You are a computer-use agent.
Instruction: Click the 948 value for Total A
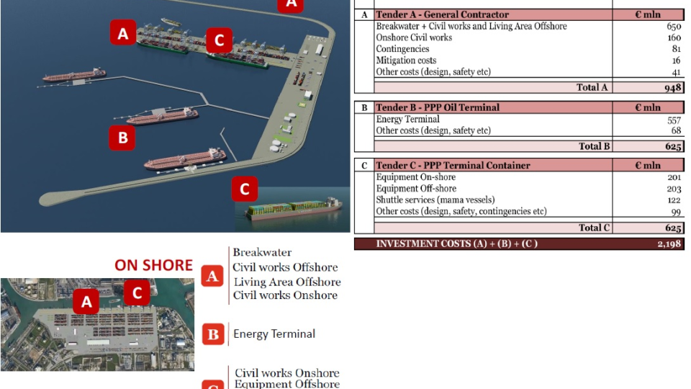(672, 88)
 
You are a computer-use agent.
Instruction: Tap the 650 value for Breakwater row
(673, 27)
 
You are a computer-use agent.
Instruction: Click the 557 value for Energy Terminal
(674, 120)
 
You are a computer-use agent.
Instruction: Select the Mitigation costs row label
(406, 61)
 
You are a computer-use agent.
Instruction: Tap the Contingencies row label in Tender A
(402, 50)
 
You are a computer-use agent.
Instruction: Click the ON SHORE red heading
(153, 265)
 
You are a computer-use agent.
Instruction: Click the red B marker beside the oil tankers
(122, 137)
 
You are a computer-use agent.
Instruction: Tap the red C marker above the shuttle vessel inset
(245, 189)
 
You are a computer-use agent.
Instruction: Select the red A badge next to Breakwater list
(212, 275)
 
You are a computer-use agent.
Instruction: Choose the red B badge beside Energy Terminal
(212, 334)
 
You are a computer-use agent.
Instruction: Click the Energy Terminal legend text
(274, 334)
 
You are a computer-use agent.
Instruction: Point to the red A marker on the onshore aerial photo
(86, 301)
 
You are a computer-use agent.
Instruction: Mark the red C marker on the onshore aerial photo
(137, 292)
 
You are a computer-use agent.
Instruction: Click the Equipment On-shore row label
(415, 177)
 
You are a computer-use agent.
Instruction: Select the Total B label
(595, 146)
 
